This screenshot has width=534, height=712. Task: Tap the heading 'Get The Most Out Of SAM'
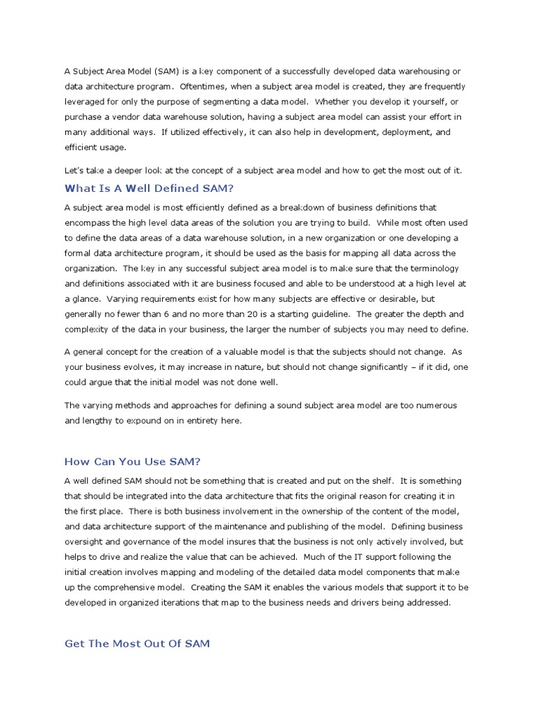pyautogui.click(x=137, y=644)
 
